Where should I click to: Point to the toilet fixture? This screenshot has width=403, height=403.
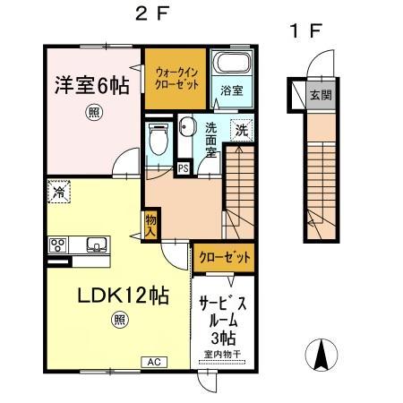click(159, 140)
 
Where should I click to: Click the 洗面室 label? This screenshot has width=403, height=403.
click(210, 140)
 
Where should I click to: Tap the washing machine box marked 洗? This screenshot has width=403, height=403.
click(241, 129)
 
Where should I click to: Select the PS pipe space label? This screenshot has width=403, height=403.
click(183, 167)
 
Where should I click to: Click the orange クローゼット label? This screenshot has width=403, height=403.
click(221, 258)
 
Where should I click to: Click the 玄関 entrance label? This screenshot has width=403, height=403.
click(318, 93)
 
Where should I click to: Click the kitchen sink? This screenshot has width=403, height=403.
click(95, 244)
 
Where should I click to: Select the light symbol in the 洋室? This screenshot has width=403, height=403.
click(93, 112)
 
